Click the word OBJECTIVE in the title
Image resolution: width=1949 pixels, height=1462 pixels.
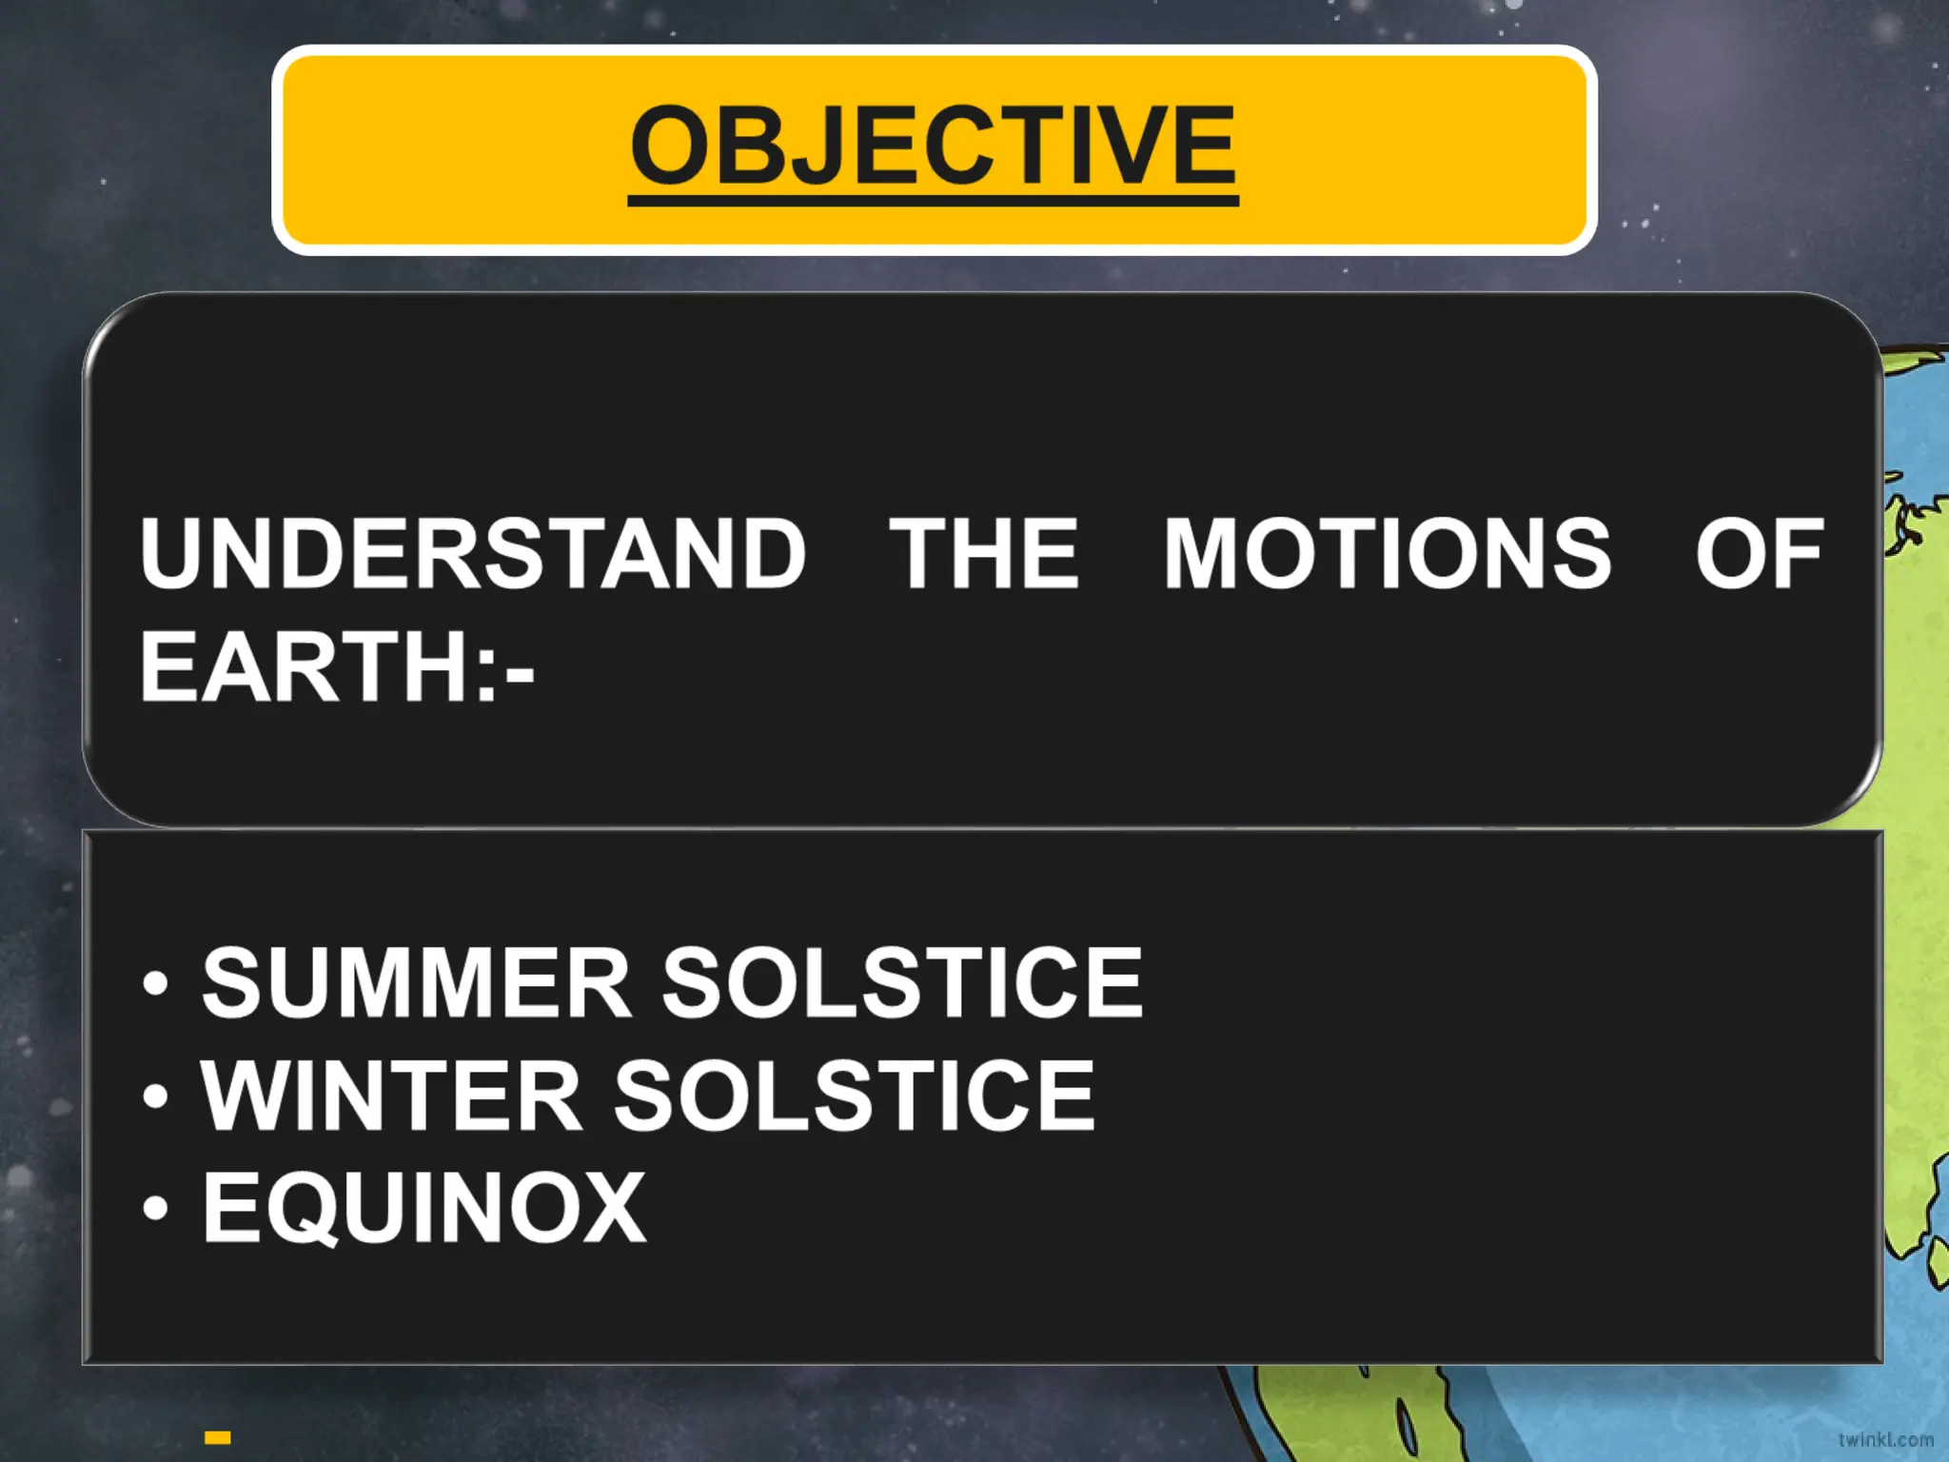point(933,146)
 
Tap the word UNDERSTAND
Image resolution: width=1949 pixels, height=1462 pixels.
point(473,554)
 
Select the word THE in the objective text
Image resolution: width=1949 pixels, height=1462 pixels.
point(984,554)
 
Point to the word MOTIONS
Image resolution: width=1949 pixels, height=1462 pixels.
point(1388,554)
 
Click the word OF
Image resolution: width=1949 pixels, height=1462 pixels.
point(1759,554)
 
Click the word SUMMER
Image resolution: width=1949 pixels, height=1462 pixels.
point(417,982)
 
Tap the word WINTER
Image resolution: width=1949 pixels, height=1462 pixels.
point(391,1096)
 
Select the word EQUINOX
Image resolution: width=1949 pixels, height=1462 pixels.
point(424,1207)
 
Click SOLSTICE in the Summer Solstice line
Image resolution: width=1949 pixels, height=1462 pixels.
point(902,982)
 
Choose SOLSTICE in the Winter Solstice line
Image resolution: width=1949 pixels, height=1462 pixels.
point(855,1096)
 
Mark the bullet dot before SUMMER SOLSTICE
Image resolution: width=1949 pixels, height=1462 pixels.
point(155,984)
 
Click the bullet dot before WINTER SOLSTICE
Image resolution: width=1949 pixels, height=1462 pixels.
point(155,1097)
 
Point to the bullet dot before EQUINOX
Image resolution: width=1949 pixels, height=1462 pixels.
point(155,1209)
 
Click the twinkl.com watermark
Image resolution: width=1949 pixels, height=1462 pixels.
point(1885,1439)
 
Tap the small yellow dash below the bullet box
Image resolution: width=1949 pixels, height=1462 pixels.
point(218,1437)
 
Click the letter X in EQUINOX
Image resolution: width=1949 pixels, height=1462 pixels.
point(612,1207)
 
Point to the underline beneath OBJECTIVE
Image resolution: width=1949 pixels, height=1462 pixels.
point(933,200)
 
